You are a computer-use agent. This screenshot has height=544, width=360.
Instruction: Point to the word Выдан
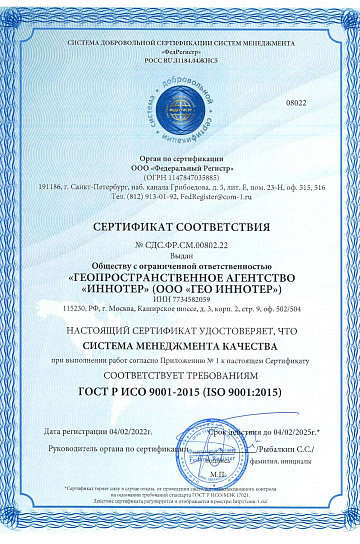point(180,256)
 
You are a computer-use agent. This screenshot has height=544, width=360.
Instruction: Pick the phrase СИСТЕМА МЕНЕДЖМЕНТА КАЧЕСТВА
point(180,344)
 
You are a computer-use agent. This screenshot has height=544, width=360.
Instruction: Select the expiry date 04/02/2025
point(278,430)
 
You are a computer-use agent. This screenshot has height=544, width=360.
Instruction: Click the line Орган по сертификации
point(180,155)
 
